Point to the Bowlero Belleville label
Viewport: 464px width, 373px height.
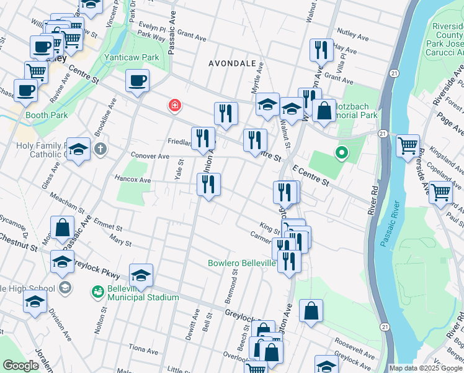coord(241,264)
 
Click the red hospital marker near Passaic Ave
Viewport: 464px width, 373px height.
coord(176,106)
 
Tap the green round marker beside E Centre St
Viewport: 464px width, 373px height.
coord(340,152)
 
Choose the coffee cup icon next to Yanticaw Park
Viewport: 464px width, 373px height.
coord(137,81)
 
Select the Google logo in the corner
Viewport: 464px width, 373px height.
coord(20,366)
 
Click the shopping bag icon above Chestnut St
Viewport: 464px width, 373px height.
coord(63,228)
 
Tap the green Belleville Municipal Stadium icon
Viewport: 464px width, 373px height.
coord(97,291)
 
